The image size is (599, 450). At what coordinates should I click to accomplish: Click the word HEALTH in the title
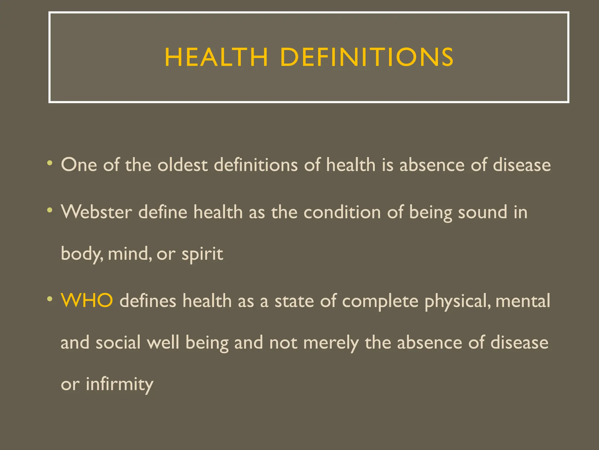click(x=216, y=57)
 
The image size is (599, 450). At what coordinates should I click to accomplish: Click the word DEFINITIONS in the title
click(x=367, y=57)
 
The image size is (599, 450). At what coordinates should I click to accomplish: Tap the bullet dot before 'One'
click(x=50, y=163)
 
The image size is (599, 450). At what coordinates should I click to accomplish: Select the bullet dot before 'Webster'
click(x=50, y=210)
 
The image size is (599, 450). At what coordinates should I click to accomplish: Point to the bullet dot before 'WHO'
click(x=50, y=299)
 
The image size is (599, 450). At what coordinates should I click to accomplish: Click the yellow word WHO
click(x=87, y=301)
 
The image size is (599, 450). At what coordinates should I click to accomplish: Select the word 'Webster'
click(x=96, y=212)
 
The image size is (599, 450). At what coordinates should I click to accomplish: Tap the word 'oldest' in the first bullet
click(x=183, y=165)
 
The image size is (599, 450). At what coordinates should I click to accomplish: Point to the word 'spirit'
click(x=202, y=254)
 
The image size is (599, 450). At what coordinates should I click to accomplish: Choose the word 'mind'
click(x=130, y=253)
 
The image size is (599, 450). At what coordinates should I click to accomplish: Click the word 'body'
click(x=82, y=254)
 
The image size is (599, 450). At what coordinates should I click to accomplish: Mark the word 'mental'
click(x=523, y=301)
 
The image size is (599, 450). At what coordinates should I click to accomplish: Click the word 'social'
click(x=118, y=342)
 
